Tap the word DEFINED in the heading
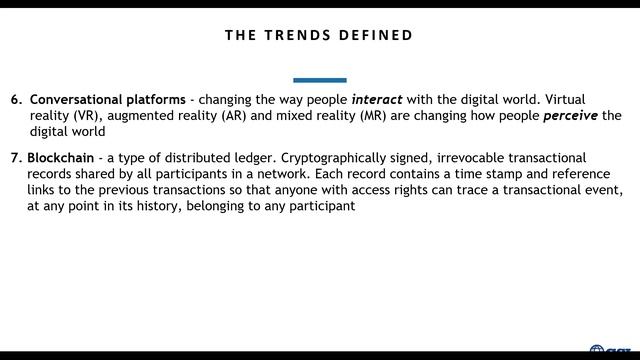(375, 35)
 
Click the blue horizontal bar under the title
(320, 80)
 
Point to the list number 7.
(15, 158)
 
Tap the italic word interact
(376, 100)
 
